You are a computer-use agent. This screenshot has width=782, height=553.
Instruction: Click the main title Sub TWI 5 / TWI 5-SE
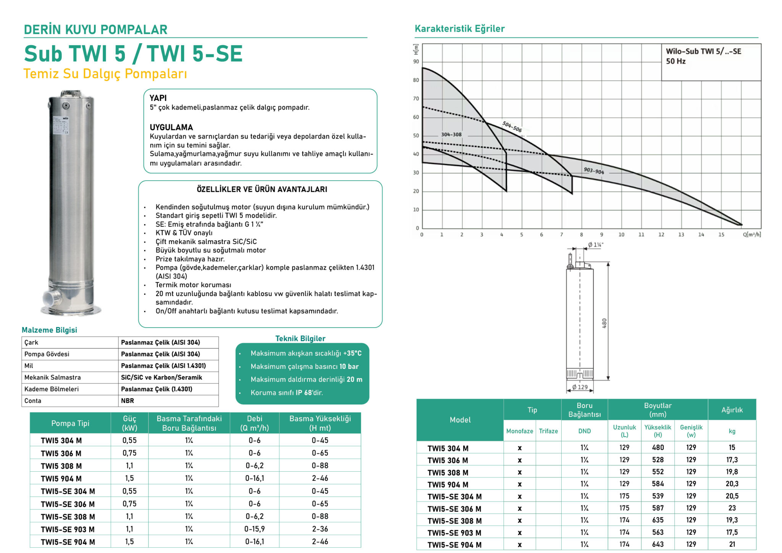tap(133, 53)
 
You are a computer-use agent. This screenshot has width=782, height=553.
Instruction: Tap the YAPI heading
tap(158, 98)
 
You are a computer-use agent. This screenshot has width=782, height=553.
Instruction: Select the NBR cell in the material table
tap(128, 401)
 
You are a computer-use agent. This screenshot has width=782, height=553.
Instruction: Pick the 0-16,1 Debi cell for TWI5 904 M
tap(254, 478)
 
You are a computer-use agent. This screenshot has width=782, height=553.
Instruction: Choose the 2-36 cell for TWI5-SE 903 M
tap(320, 529)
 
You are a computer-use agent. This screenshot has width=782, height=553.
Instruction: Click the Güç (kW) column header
tap(129, 423)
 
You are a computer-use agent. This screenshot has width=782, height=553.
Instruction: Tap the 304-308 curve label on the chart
tap(451, 134)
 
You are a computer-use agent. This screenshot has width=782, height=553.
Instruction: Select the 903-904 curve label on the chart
tap(594, 171)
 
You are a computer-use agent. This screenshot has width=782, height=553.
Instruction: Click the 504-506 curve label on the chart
tap(512, 126)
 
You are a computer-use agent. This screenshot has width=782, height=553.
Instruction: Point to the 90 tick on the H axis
tap(416, 61)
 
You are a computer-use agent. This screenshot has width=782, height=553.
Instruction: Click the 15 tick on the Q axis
tap(721, 234)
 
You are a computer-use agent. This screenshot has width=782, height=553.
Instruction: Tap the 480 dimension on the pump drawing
tap(604, 323)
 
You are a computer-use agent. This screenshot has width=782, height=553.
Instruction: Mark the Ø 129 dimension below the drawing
tap(580, 387)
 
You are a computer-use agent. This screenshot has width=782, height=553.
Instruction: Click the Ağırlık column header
tap(732, 410)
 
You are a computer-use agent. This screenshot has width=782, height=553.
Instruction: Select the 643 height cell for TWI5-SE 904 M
tap(658, 544)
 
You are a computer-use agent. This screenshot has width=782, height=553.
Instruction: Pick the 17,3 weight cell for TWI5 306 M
tap(732, 460)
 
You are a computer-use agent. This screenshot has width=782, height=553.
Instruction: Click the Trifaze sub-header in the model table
tap(548, 431)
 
